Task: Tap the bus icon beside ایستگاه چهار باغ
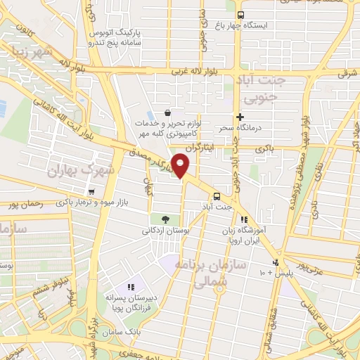[x=240, y=15]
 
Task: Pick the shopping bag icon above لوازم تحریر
[x=167, y=112]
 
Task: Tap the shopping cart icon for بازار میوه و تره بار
[x=91, y=191]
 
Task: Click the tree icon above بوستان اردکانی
[x=166, y=219]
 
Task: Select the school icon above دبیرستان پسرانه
[x=130, y=287]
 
